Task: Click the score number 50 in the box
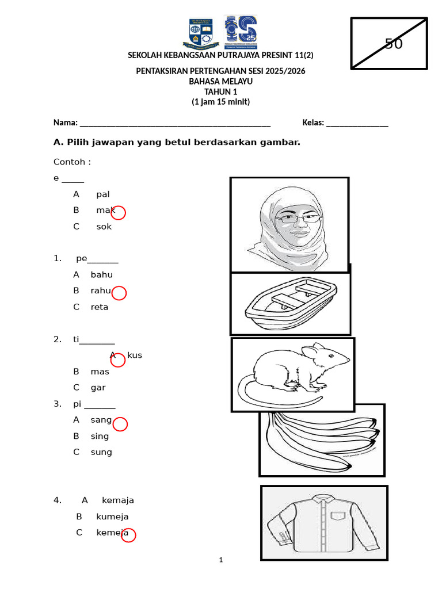pos(394,44)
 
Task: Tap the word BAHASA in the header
pos(204,82)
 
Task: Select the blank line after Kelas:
pos(357,123)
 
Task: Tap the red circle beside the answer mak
pos(118,213)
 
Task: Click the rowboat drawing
pos(290,303)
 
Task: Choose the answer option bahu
pos(101,275)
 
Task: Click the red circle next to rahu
pos(119,293)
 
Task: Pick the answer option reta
pos(99,307)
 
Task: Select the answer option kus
pos(134,355)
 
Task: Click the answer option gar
pos(98,388)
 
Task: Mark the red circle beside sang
pos(120,424)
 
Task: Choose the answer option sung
pos(101,452)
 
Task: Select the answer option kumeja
pos(112,517)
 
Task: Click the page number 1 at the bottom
pos(221,560)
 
